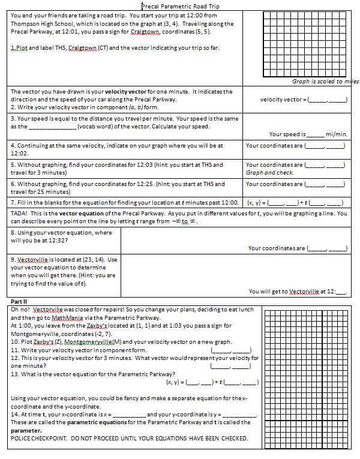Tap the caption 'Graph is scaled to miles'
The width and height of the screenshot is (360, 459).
pos(325,82)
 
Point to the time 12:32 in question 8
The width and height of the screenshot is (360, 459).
pos(60,240)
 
